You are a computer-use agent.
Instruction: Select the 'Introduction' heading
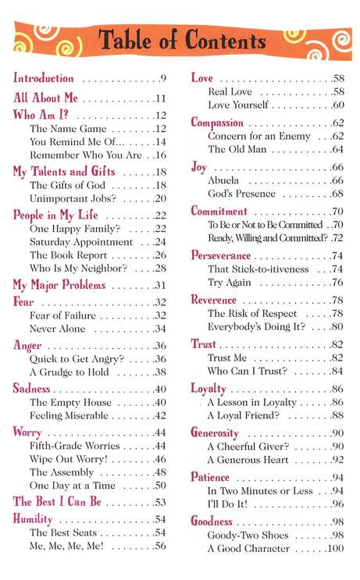44,78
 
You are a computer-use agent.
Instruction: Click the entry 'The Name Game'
62,129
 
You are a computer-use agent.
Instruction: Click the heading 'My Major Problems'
59,285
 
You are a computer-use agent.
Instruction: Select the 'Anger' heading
27,345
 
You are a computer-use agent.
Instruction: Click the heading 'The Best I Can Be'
57,501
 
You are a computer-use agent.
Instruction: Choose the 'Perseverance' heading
221,255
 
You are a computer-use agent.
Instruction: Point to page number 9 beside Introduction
163,79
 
